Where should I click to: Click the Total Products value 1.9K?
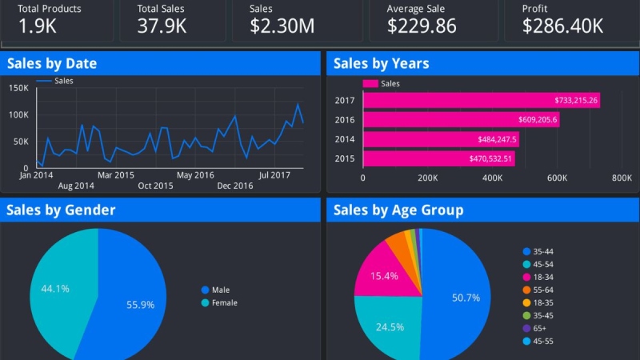click(37, 26)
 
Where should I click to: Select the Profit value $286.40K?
click(562, 26)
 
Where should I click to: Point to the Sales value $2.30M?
click(282, 26)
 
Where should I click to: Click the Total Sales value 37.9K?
click(162, 26)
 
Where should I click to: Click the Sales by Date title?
click(52, 64)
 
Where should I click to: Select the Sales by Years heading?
click(381, 64)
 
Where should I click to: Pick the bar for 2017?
click(481, 101)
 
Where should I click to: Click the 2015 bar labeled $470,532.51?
click(438, 158)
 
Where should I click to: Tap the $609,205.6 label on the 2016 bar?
click(535, 120)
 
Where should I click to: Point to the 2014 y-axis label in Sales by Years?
click(345, 139)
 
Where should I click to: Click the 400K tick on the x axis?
click(492, 178)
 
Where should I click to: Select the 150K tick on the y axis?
click(19, 87)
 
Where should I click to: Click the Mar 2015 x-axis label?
click(116, 174)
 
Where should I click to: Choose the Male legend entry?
click(218, 290)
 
